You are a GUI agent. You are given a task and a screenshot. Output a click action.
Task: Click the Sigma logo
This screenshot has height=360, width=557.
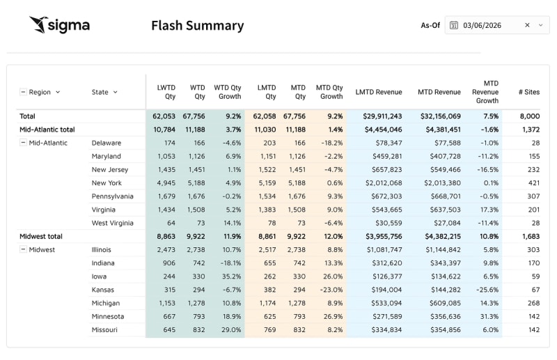click(59, 25)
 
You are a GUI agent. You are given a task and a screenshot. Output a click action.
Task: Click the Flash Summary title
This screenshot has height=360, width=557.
click(197, 26)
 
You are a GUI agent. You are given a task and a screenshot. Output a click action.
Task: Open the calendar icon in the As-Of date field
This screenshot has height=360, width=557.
click(454, 25)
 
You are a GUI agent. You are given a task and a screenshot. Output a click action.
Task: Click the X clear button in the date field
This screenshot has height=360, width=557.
click(527, 25)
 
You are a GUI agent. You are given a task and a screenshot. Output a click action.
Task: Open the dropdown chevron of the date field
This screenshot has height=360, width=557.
click(540, 25)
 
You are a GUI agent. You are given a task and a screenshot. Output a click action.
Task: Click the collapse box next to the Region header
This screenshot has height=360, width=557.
click(23, 92)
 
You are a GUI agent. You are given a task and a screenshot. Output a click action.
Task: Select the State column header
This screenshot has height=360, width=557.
click(100, 92)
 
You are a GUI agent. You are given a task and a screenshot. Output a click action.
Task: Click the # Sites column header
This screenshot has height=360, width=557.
click(529, 92)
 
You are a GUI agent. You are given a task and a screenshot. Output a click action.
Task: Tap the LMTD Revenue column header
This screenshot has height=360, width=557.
click(379, 92)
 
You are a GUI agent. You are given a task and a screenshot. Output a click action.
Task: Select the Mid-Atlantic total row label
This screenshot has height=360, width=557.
click(47, 130)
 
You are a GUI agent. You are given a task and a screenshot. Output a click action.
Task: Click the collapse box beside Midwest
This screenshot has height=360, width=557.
click(23, 250)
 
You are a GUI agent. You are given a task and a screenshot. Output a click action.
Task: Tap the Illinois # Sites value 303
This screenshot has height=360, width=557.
click(533, 250)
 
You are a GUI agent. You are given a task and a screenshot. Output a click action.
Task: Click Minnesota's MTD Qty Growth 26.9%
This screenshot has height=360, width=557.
click(331, 317)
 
